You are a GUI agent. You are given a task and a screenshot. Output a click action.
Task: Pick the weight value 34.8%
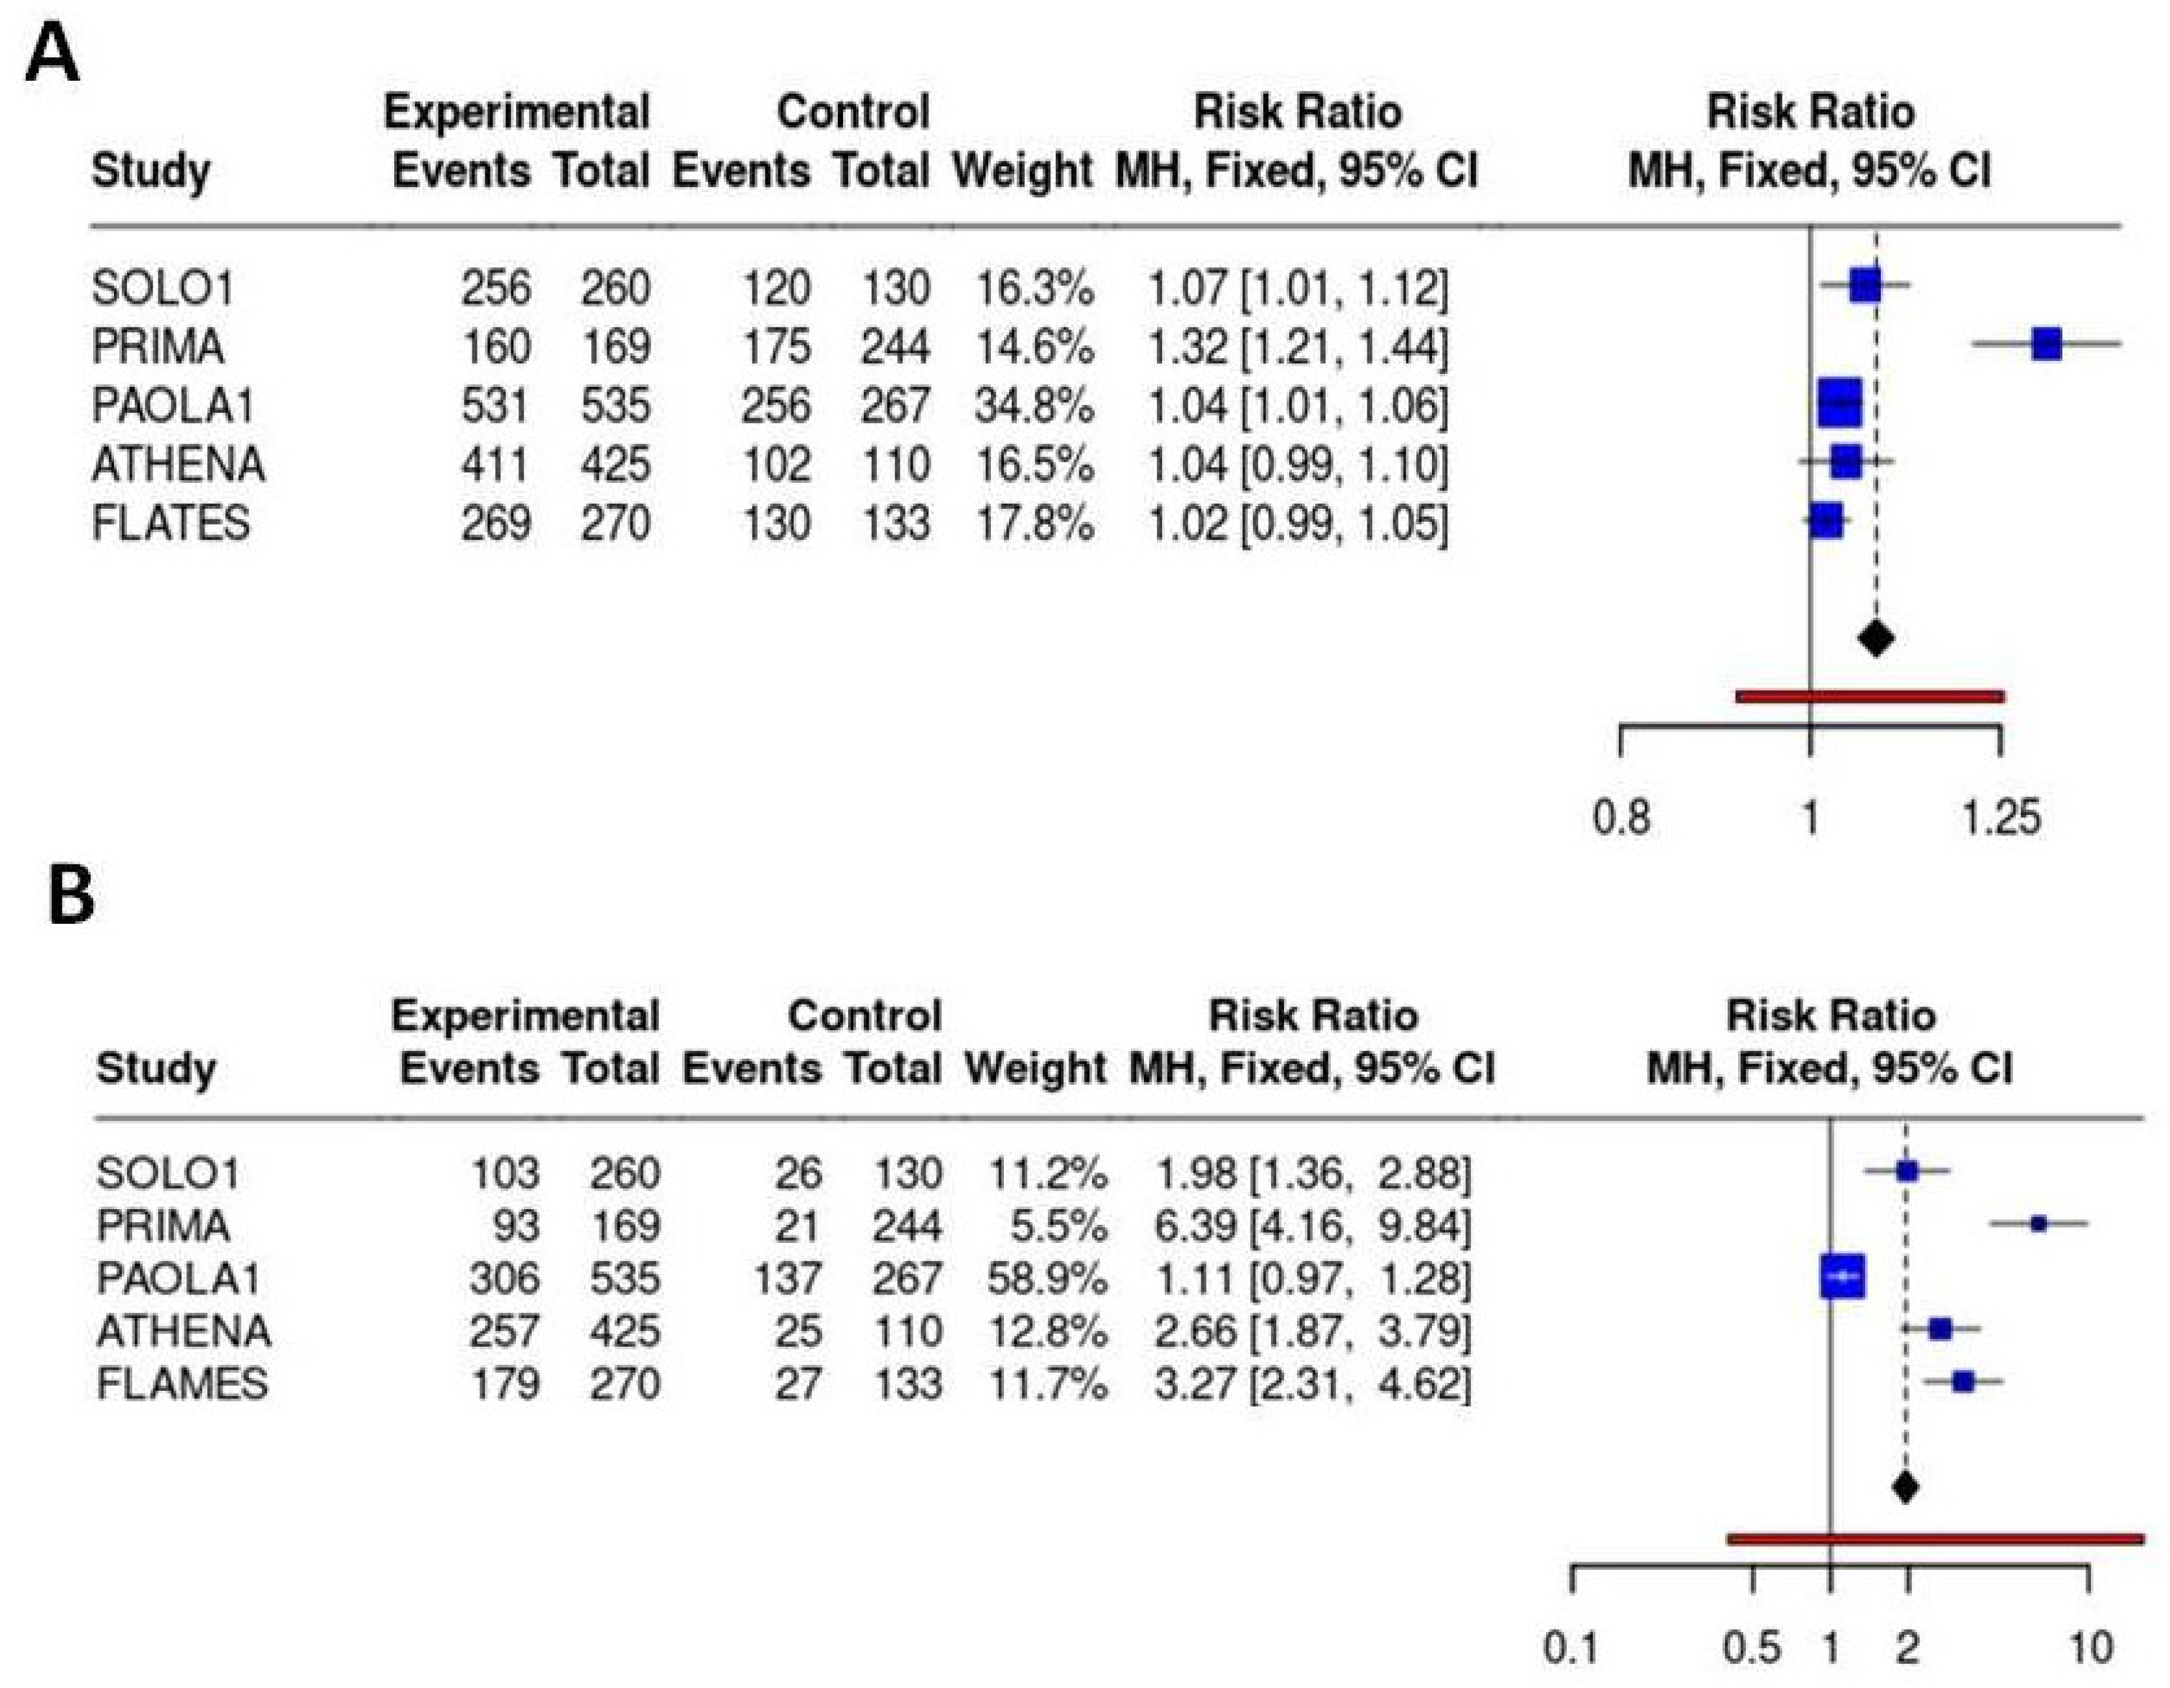(1033, 405)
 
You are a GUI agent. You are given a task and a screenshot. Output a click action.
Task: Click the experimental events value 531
(495, 405)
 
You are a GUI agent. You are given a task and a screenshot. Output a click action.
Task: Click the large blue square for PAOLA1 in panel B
(1842, 1277)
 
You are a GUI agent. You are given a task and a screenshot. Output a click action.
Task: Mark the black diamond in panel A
(1875, 637)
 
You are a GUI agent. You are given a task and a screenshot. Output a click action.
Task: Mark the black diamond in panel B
(1905, 1487)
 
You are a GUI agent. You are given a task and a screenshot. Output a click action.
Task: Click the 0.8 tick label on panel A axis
(1621, 818)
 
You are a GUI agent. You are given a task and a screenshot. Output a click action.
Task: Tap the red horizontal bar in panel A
(1869, 696)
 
